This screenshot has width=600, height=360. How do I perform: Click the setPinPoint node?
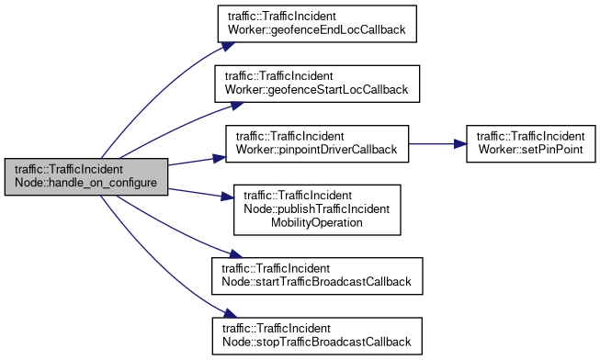tap(528, 142)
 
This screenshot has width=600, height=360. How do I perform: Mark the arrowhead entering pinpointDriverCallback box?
tap(220, 156)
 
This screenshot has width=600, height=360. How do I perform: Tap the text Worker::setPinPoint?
tap(528, 149)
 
